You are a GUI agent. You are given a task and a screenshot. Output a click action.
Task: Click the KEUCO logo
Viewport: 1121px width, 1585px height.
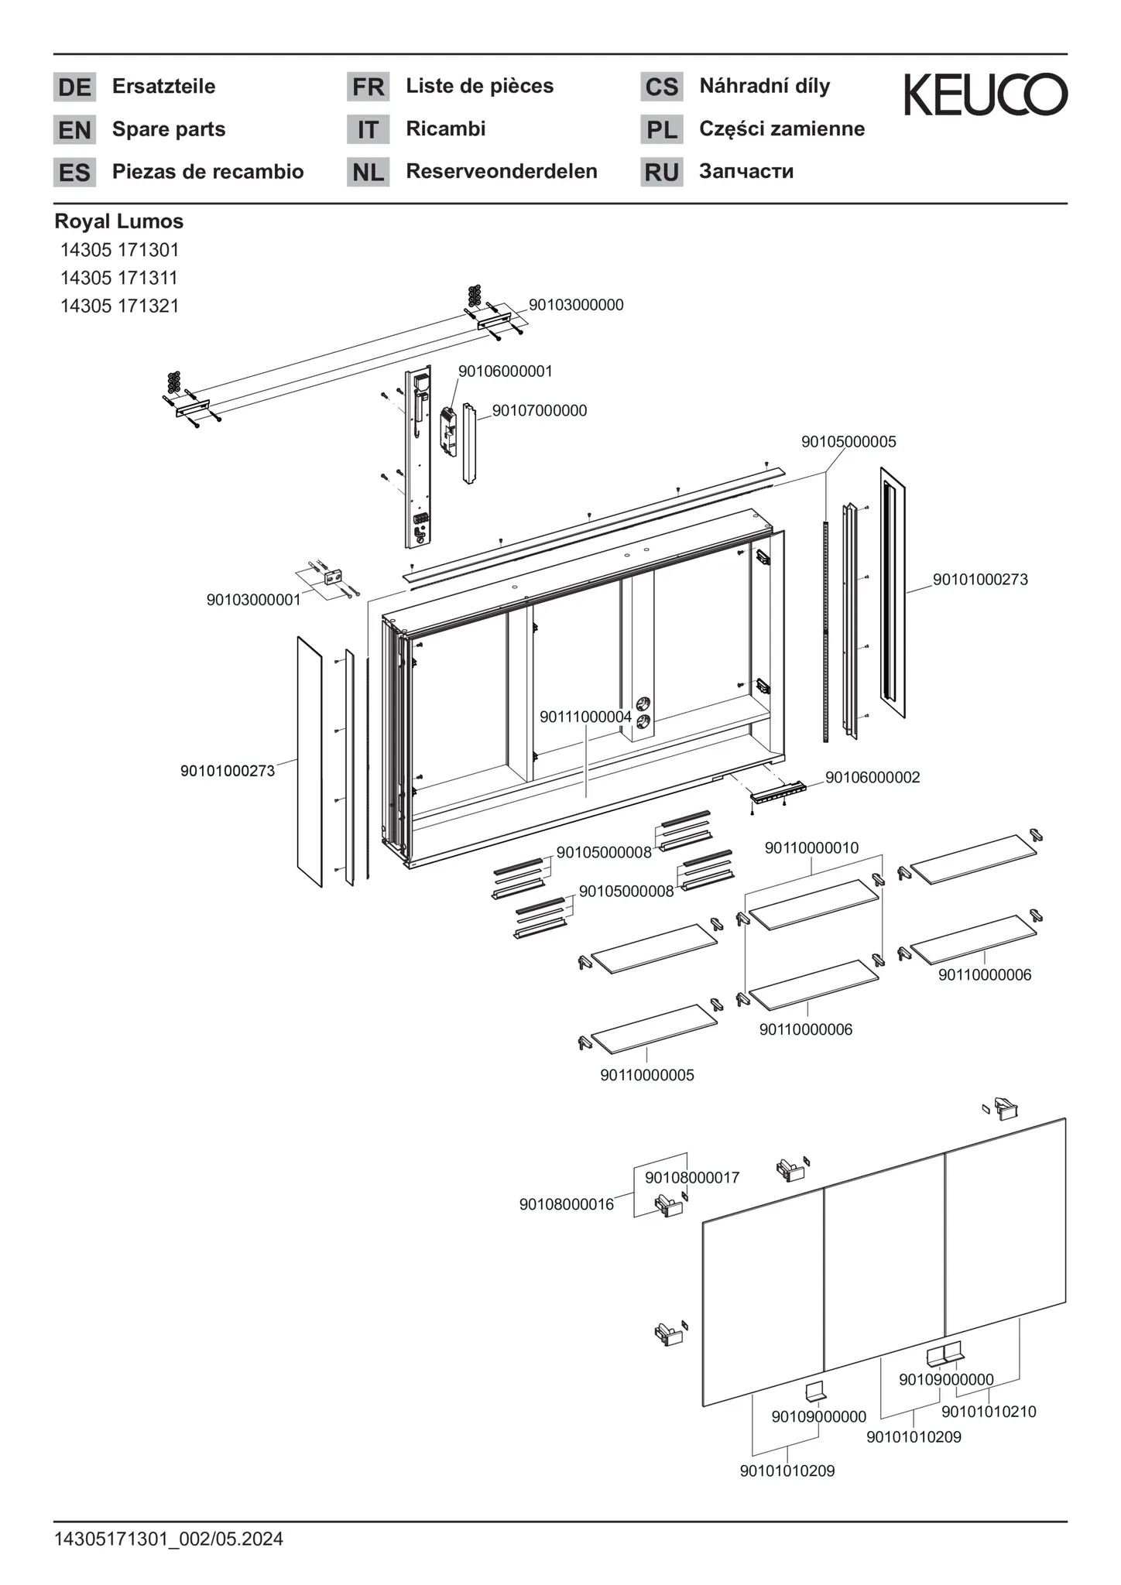(x=986, y=95)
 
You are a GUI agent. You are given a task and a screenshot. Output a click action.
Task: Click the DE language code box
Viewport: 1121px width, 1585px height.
(x=74, y=87)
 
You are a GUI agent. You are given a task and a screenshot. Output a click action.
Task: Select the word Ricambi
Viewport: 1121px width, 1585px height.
(x=445, y=128)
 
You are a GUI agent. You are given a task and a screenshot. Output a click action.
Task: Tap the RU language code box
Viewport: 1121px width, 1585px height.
(x=661, y=172)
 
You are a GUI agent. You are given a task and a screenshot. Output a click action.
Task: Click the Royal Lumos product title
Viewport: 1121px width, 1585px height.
(x=118, y=221)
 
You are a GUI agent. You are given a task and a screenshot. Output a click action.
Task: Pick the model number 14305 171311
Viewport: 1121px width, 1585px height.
(x=119, y=278)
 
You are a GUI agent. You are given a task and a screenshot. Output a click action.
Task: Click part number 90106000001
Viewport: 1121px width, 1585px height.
(x=505, y=371)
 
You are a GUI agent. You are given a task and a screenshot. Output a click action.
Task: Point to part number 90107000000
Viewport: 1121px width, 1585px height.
(x=540, y=411)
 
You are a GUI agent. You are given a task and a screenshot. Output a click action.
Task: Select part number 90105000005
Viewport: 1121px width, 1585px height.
(x=848, y=442)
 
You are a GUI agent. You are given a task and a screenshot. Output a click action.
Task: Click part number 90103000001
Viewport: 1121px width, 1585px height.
(x=253, y=600)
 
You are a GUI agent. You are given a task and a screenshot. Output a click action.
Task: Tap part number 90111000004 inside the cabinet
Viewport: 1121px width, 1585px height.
(x=585, y=717)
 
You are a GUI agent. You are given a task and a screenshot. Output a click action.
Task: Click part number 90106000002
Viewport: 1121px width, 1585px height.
(x=872, y=777)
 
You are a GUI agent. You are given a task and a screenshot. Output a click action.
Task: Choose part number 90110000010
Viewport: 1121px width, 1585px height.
(x=811, y=848)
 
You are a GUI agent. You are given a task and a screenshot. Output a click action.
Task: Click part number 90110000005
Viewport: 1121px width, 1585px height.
(x=646, y=1075)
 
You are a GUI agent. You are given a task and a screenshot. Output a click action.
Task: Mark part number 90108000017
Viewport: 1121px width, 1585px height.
(x=692, y=1177)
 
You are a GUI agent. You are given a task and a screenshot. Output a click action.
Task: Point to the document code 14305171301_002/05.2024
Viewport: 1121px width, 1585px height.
(x=169, y=1539)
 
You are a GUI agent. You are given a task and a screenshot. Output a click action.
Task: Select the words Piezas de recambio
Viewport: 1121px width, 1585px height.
(x=207, y=172)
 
